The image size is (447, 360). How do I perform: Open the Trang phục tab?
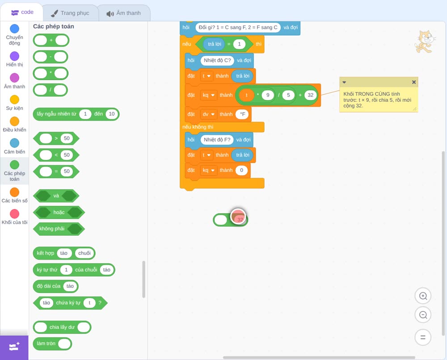(x=70, y=13)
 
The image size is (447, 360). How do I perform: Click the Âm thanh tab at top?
(x=124, y=13)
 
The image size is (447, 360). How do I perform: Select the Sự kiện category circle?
(x=15, y=100)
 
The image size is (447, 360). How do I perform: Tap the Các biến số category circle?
(x=15, y=192)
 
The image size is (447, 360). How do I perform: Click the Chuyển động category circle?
(x=15, y=29)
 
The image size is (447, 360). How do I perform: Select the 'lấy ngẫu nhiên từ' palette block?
(x=76, y=114)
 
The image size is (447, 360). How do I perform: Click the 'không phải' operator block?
(x=59, y=229)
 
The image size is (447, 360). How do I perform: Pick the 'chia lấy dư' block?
(x=62, y=327)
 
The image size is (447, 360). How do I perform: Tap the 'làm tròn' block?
(x=52, y=343)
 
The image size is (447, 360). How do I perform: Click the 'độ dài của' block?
(x=55, y=286)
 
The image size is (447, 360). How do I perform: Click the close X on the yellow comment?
(x=413, y=82)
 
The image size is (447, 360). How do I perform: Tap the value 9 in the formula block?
(x=268, y=95)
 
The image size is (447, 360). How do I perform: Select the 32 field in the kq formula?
(x=311, y=95)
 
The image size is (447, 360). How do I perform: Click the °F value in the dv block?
(x=242, y=114)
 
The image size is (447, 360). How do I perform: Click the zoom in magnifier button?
(x=423, y=296)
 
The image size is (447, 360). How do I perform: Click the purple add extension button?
(x=14, y=347)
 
